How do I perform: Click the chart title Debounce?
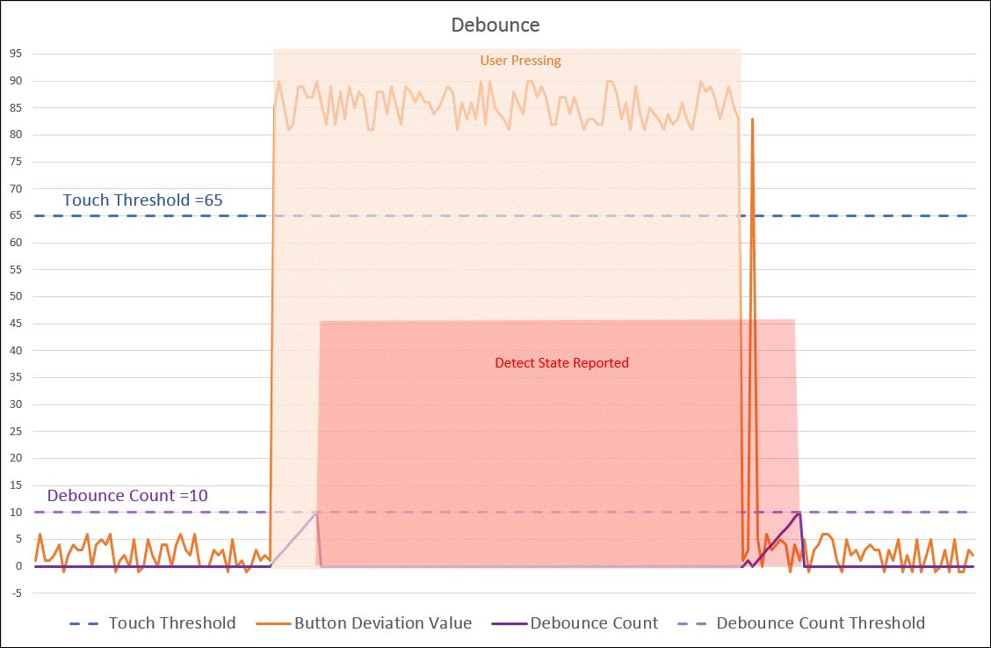pyautogui.click(x=495, y=25)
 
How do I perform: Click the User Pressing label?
pyautogui.click(x=520, y=61)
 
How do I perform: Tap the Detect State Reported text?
pyautogui.click(x=561, y=362)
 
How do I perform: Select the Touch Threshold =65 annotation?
pyautogui.click(x=142, y=200)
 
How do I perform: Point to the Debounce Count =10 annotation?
pyautogui.click(x=127, y=495)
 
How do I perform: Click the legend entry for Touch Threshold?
pyautogui.click(x=171, y=623)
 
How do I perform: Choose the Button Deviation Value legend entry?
pyautogui.click(x=382, y=623)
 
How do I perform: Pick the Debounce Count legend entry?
pyautogui.click(x=594, y=623)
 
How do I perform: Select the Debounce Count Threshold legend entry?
pyautogui.click(x=820, y=623)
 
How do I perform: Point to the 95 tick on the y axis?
pyautogui.click(x=15, y=54)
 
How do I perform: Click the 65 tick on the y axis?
pyautogui.click(x=15, y=215)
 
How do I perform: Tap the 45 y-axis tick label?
pyautogui.click(x=15, y=324)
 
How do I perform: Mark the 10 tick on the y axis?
pyautogui.click(x=15, y=512)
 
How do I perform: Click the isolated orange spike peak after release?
pyautogui.click(x=752, y=120)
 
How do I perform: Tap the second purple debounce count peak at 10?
pyautogui.click(x=799, y=513)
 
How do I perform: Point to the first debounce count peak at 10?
pyautogui.click(x=316, y=513)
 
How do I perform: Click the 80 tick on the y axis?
pyautogui.click(x=15, y=135)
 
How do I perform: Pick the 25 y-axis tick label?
pyautogui.click(x=15, y=431)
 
